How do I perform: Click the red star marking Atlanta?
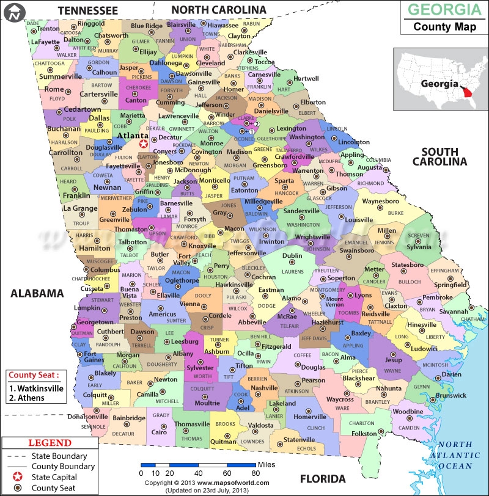click(x=144, y=144)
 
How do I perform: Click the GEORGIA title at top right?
click(x=440, y=10)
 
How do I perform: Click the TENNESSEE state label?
click(x=87, y=10)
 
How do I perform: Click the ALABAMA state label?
click(x=37, y=293)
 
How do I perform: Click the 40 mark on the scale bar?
click(x=198, y=473)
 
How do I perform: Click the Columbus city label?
click(x=105, y=269)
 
